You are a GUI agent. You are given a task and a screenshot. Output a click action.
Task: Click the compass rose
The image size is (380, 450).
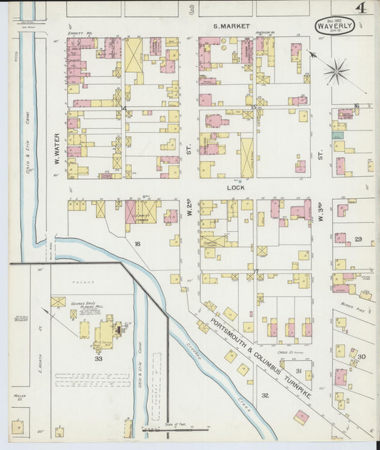(337, 71)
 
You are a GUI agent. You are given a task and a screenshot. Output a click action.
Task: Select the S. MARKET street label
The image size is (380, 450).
(232, 26)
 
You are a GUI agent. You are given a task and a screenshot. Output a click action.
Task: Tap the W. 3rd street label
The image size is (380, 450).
(322, 214)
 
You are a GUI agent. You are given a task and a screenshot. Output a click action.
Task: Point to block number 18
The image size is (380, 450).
(136, 243)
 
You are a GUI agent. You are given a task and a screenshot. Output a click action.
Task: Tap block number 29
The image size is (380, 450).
(359, 238)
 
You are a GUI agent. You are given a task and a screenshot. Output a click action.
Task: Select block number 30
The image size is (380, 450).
(361, 357)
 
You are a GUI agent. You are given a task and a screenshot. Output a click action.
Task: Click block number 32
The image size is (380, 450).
(265, 394)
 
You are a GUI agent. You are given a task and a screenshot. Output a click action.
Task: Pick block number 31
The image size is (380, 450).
(299, 371)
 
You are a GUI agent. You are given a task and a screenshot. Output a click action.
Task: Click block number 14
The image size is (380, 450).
(123, 108)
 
